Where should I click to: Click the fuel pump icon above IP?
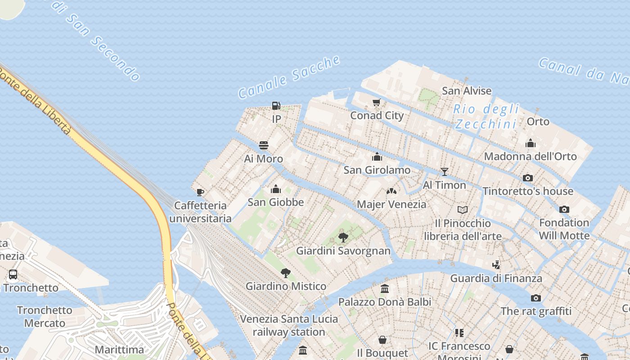click(x=276, y=106)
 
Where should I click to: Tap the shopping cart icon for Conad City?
click(x=377, y=103)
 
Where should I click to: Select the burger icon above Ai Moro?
click(x=264, y=145)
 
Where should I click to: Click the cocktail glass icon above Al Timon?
click(x=445, y=171)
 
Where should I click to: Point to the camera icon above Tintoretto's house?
click(x=528, y=178)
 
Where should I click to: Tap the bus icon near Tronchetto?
click(x=13, y=274)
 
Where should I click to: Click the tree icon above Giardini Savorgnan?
click(x=343, y=237)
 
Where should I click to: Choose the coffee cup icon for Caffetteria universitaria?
click(x=200, y=192)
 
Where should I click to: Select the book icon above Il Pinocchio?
click(x=463, y=210)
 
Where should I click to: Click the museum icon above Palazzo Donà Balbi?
click(x=385, y=288)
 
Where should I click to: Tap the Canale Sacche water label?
click(x=289, y=77)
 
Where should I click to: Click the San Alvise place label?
click(x=467, y=90)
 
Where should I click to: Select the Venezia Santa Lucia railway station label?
click(x=288, y=325)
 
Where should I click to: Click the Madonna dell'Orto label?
click(x=530, y=156)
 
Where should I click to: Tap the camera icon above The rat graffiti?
click(x=535, y=298)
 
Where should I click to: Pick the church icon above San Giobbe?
click(x=276, y=189)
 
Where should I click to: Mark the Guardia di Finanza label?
click(x=496, y=278)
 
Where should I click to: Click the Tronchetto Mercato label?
click(x=45, y=316)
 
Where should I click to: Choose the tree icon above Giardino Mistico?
click(x=285, y=273)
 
